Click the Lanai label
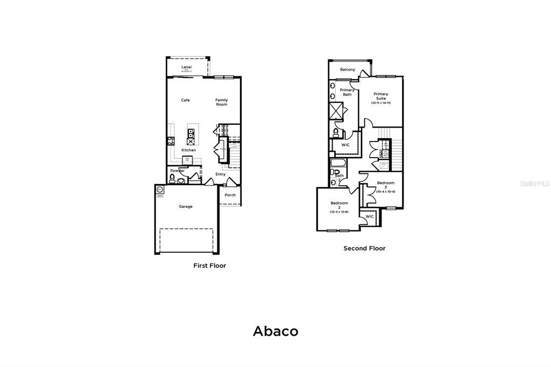coord(187,66)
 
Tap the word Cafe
coord(185,100)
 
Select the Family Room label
coord(222,102)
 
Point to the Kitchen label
coord(188,150)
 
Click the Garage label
coord(186,207)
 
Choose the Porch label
coord(230,195)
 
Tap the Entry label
coord(221,174)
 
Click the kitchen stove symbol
coord(172,142)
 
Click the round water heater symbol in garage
coord(160,189)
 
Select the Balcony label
coord(348,70)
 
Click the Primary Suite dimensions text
coord(380,103)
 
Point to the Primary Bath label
coord(347,92)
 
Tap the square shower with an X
coord(336,110)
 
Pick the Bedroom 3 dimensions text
coord(385,192)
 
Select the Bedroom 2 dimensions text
coord(339,212)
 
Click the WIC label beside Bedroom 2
coord(370,216)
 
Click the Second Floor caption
coord(364,249)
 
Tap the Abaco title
coord(275,331)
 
